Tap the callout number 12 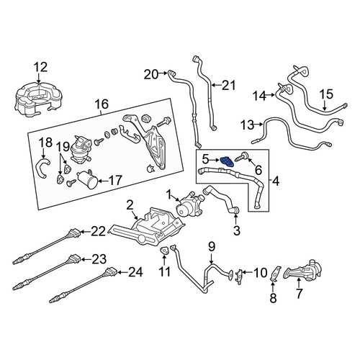tap(41, 68)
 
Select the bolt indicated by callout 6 tap(243, 156)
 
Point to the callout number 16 tap(102, 104)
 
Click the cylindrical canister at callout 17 tap(87, 181)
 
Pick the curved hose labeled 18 tap(43, 167)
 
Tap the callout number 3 tap(237, 230)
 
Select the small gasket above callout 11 tap(164, 251)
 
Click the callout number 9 tap(212, 248)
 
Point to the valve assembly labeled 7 tap(303, 270)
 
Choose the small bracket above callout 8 tap(274, 274)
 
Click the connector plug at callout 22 tap(73, 233)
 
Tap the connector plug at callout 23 tap(73, 260)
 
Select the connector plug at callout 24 tap(111, 272)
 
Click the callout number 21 tap(228, 86)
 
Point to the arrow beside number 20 tap(163, 73)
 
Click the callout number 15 tap(327, 94)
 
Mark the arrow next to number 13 tap(258, 125)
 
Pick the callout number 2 tap(130, 205)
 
